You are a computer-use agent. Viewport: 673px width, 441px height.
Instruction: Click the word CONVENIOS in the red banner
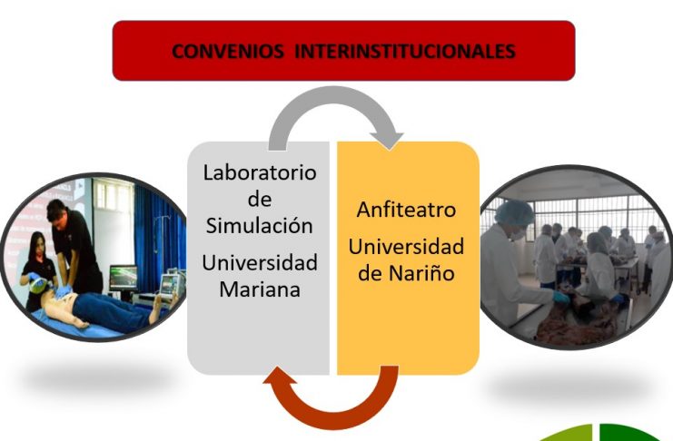click(x=227, y=52)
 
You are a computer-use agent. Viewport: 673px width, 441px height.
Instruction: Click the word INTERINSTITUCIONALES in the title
click(x=405, y=52)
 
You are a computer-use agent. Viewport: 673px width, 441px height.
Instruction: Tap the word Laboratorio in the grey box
click(x=260, y=172)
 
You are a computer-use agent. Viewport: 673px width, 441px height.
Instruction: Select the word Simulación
click(x=259, y=225)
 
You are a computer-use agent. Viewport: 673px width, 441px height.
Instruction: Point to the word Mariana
click(x=260, y=289)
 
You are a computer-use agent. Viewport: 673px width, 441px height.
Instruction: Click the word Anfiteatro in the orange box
click(x=406, y=210)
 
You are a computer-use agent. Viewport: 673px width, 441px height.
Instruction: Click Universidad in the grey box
click(x=260, y=262)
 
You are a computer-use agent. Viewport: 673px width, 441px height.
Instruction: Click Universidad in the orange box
click(x=406, y=247)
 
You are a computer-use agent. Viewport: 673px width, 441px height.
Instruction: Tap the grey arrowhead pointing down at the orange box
click(x=388, y=142)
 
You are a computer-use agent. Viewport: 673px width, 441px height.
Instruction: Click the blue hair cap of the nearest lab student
click(x=514, y=212)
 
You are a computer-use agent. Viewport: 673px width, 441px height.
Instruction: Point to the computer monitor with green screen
click(x=124, y=278)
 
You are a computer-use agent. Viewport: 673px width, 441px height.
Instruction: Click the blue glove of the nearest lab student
click(x=561, y=298)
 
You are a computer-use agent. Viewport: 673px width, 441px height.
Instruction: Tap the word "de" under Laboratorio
click(x=260, y=199)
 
